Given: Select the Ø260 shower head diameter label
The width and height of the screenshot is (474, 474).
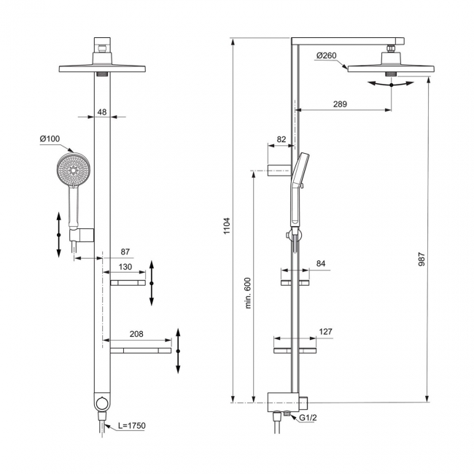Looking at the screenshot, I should coord(327,55).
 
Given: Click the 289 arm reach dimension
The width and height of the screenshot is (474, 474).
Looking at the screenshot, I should coord(339,104).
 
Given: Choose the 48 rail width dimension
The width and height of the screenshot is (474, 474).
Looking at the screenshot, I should coord(102,112).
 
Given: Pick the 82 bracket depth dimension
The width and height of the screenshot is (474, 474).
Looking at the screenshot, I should coord(281,139).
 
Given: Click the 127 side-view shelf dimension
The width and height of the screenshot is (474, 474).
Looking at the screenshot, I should coord(325,332).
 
